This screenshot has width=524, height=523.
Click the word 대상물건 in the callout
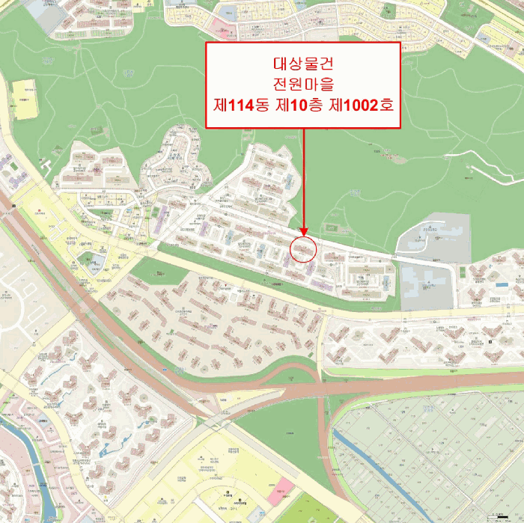tap(302, 63)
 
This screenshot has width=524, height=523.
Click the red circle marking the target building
tap(303, 248)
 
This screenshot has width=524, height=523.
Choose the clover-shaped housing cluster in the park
tap(176, 161)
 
